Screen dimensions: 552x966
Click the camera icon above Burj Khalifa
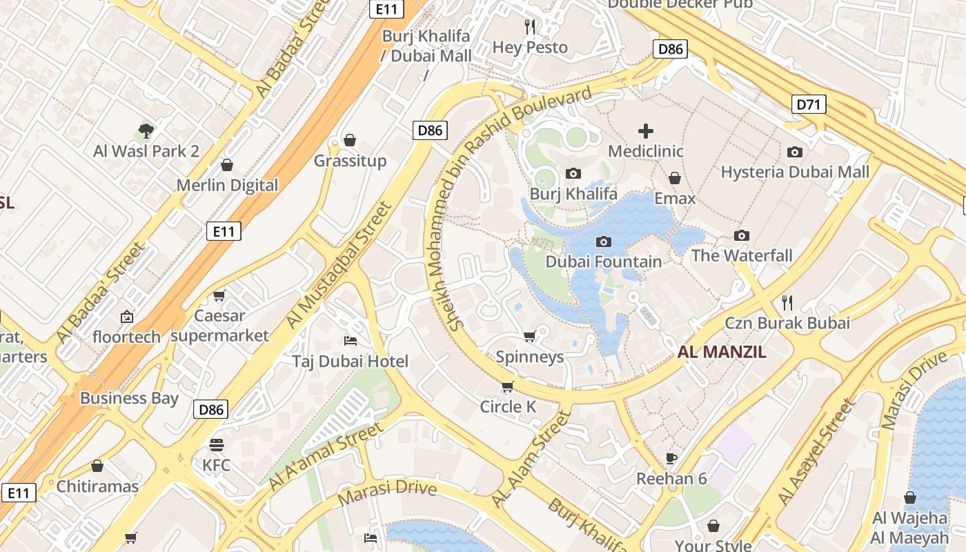tap(573, 173)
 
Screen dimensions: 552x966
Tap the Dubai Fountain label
tap(604, 262)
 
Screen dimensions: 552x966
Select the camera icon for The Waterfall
tap(742, 236)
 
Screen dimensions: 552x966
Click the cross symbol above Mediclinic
tap(646, 130)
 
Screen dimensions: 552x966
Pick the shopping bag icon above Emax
tap(675, 179)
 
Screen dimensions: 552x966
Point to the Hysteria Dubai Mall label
tap(795, 172)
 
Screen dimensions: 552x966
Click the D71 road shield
tap(808, 105)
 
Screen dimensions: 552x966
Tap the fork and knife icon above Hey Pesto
tap(530, 27)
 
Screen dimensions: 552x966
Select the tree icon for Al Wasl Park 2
tap(146, 130)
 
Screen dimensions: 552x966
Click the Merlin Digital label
tap(227, 186)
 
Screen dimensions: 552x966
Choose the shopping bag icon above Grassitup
tap(350, 140)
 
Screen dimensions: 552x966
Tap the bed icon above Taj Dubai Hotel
tap(350, 341)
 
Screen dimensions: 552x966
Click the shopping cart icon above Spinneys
tap(529, 336)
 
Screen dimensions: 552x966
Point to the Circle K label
tap(508, 407)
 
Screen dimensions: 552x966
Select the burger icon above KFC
tap(217, 444)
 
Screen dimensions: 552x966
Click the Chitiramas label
tap(97, 486)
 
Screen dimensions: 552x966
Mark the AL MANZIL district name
tap(722, 352)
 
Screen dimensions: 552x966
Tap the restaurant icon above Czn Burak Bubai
tap(787, 302)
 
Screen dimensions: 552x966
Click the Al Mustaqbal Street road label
tap(338, 266)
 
